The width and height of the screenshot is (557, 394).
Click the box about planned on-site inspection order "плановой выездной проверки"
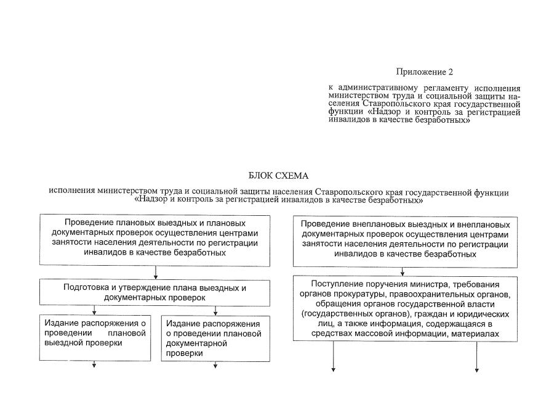point(95,338)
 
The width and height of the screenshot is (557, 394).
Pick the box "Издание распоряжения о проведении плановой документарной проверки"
point(215,339)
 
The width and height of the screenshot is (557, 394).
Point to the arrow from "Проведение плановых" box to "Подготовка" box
point(156,272)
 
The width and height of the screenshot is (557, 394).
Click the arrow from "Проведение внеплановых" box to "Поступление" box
point(403,271)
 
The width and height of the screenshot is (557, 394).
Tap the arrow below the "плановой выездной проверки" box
point(95,364)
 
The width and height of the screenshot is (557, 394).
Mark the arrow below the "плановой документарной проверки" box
point(215,364)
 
